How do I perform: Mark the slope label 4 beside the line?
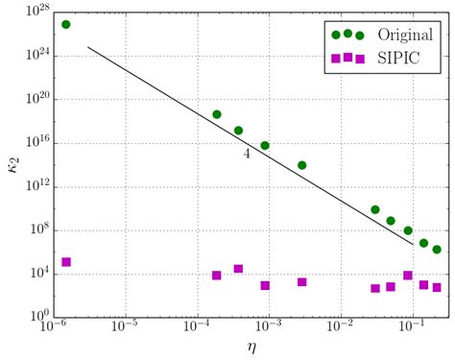[x=248, y=152]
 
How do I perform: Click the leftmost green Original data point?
[x=65, y=24]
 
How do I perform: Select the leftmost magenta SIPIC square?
[x=65, y=262]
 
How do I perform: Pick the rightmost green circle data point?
[x=437, y=250]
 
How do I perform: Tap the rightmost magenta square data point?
[x=437, y=287]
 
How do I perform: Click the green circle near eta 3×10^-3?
[x=301, y=165]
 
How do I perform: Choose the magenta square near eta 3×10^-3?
[x=301, y=282]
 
